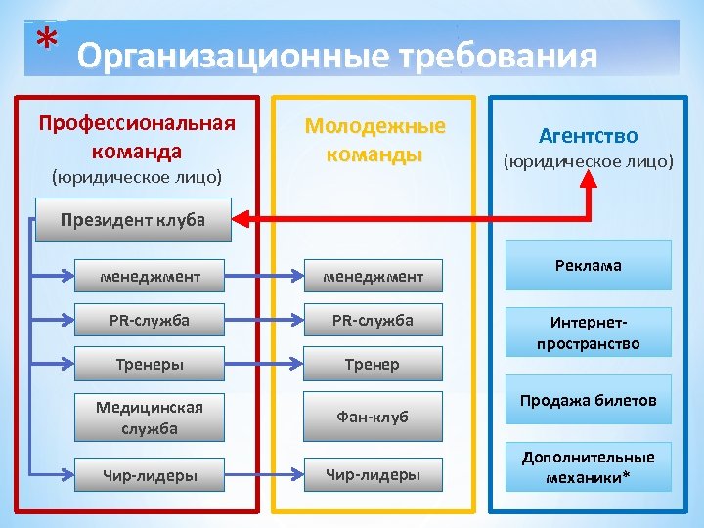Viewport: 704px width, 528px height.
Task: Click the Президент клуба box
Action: coord(132,219)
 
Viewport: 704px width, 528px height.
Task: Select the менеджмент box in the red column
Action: coord(150,277)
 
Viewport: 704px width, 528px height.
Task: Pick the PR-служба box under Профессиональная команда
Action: coord(150,320)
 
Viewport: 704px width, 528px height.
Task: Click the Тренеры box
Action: coord(150,364)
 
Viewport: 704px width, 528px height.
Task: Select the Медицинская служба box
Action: coord(150,417)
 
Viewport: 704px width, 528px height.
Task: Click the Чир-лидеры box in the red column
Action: coord(150,475)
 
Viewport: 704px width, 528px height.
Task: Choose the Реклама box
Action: coord(588,265)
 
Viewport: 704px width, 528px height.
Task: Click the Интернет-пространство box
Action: coord(588,332)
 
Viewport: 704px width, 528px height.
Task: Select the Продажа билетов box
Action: coord(588,400)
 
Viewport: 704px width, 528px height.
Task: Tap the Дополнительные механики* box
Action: coord(588,466)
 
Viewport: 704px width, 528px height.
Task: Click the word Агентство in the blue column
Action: coord(588,136)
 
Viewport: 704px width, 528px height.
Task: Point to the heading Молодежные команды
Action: coord(374,140)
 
